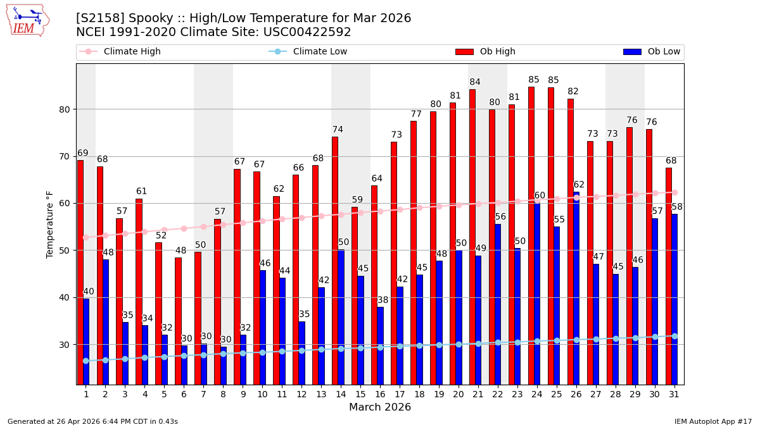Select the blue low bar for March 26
click(x=576, y=288)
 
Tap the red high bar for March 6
click(x=178, y=321)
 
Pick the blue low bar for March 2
click(x=106, y=321)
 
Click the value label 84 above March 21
click(x=475, y=82)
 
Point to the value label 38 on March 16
click(x=383, y=300)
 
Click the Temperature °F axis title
click(x=50, y=224)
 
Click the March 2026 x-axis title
click(x=380, y=407)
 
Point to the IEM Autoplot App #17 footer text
click(x=712, y=421)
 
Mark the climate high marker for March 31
click(x=674, y=192)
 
